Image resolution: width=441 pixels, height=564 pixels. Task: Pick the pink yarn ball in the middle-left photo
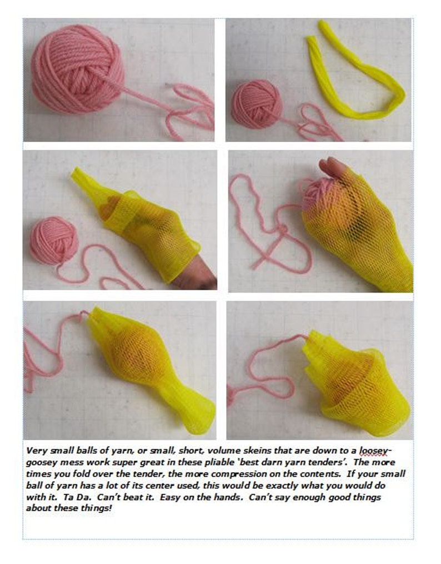pos(54,240)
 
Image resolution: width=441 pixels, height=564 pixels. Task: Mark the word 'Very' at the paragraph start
pos(37,451)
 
